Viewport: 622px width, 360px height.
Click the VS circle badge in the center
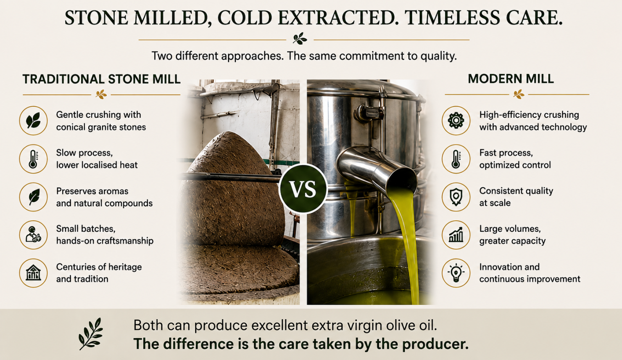[x=303, y=188]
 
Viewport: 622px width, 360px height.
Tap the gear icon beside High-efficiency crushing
[x=456, y=121]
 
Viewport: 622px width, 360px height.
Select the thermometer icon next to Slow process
[x=33, y=159]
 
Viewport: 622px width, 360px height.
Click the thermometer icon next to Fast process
[x=456, y=159]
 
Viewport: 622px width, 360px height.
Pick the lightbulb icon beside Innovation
[x=456, y=273]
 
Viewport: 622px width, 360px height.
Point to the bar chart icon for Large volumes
[x=456, y=235]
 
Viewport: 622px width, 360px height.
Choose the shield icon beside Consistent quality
[x=456, y=197]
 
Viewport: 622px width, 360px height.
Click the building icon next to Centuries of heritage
[x=33, y=273]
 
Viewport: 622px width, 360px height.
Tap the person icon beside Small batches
[x=33, y=235]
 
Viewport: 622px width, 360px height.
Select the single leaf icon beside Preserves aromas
[x=34, y=197]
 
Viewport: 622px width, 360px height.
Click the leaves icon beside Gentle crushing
[x=33, y=121]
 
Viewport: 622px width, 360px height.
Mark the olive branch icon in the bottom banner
[x=90, y=334]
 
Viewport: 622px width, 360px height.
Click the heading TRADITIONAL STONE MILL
[x=102, y=79]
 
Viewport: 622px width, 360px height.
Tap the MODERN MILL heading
[x=511, y=79]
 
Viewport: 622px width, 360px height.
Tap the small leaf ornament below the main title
[x=300, y=39]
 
